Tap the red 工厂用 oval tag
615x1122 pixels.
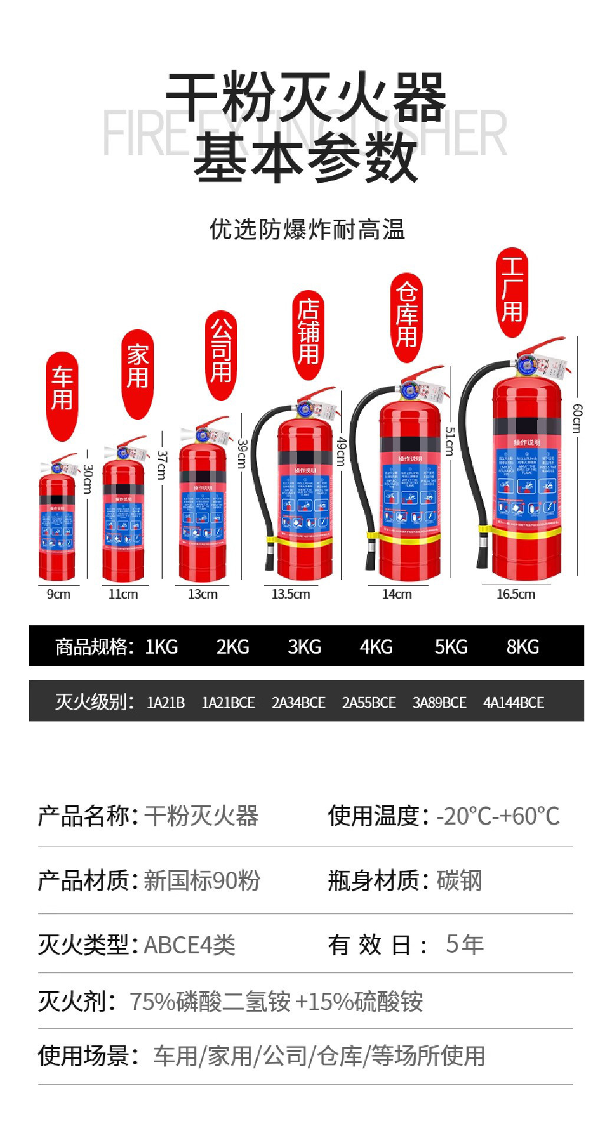click(x=511, y=292)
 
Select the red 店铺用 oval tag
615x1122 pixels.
click(x=308, y=333)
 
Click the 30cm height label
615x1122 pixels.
click(x=88, y=478)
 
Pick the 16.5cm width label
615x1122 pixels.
click(x=515, y=594)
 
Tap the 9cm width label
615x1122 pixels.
click(x=58, y=594)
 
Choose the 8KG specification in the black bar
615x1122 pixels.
click(x=522, y=647)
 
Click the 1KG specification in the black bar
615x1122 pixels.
click(x=161, y=647)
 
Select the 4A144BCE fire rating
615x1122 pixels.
click(x=514, y=702)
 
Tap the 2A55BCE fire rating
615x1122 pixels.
click(x=369, y=702)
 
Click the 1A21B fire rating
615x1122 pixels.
click(x=166, y=702)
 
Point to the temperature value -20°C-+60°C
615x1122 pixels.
click(x=498, y=816)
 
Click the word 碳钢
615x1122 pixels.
click(x=459, y=880)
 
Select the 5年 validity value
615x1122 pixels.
click(x=465, y=944)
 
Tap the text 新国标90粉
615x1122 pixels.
click(x=202, y=880)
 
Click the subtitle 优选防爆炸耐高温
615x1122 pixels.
click(x=307, y=229)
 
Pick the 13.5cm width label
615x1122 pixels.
click(x=291, y=594)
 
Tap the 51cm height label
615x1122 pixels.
click(x=449, y=441)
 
